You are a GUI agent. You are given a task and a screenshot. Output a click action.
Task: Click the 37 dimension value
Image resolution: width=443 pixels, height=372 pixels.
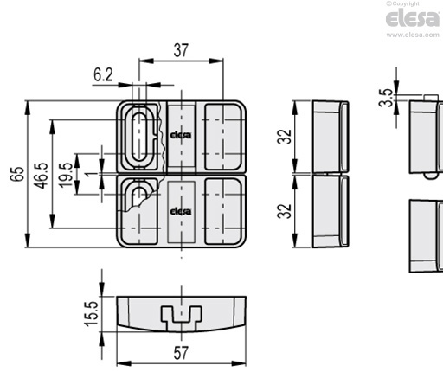coord(181,50)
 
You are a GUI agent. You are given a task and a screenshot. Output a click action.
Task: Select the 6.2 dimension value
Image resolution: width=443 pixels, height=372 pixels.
coord(103,75)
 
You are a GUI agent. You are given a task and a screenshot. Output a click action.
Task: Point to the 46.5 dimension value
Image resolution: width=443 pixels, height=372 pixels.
coord(42,176)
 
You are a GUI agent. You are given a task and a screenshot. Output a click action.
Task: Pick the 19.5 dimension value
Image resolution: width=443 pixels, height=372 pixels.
coord(66,175)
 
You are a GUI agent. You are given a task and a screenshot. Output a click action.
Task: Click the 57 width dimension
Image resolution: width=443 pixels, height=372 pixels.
coord(181,353)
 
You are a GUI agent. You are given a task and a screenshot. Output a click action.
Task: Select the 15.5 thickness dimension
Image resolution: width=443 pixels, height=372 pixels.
coord(92,314)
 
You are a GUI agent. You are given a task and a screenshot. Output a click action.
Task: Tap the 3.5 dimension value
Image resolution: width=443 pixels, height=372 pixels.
coord(386,98)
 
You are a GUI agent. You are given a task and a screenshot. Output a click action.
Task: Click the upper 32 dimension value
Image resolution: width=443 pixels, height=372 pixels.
coord(284,137)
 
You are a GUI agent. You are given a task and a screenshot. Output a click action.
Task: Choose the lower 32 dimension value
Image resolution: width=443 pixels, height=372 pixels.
coord(284,211)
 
